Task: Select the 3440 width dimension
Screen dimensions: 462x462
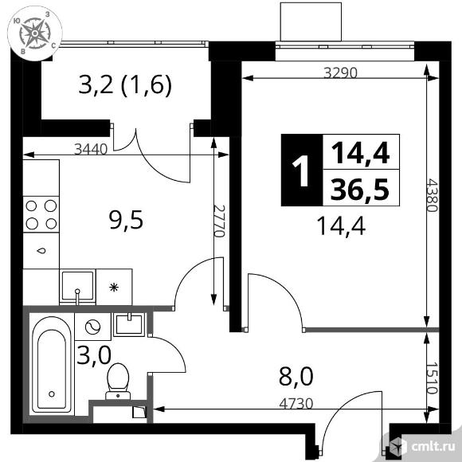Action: tap(88, 147)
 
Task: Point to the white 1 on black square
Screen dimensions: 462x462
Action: tap(300, 170)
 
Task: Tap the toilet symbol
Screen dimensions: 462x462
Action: tap(119, 379)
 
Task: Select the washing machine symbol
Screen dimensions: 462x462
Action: tap(92, 326)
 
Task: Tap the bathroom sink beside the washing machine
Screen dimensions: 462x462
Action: tap(127, 323)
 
